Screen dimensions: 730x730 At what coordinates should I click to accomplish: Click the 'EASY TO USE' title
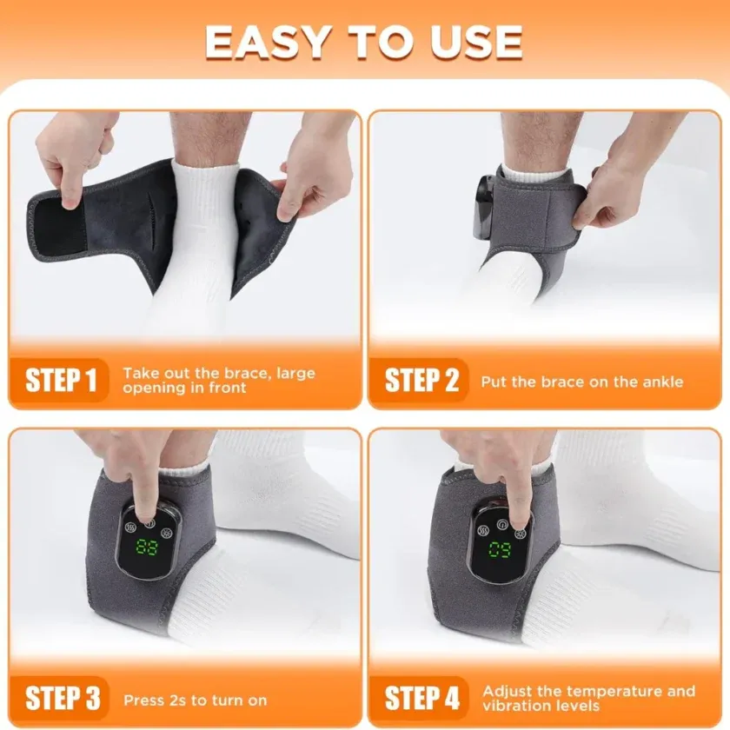click(364, 42)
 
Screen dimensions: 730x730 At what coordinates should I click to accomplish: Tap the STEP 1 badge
click(62, 381)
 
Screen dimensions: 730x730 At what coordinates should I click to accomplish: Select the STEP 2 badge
click(421, 381)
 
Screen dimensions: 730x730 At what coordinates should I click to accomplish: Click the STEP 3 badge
click(62, 699)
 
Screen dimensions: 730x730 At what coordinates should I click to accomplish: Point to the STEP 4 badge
click(421, 699)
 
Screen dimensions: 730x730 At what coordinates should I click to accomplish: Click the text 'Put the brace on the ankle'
click(581, 382)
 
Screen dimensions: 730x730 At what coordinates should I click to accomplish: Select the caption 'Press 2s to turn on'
click(195, 700)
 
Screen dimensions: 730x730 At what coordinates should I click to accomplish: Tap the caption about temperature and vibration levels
click(588, 699)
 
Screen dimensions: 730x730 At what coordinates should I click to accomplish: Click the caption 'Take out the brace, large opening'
click(218, 381)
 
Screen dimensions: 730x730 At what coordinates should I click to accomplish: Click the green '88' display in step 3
click(145, 548)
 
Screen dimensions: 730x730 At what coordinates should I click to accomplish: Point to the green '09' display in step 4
click(500, 549)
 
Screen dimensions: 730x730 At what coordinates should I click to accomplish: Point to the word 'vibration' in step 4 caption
click(516, 707)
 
